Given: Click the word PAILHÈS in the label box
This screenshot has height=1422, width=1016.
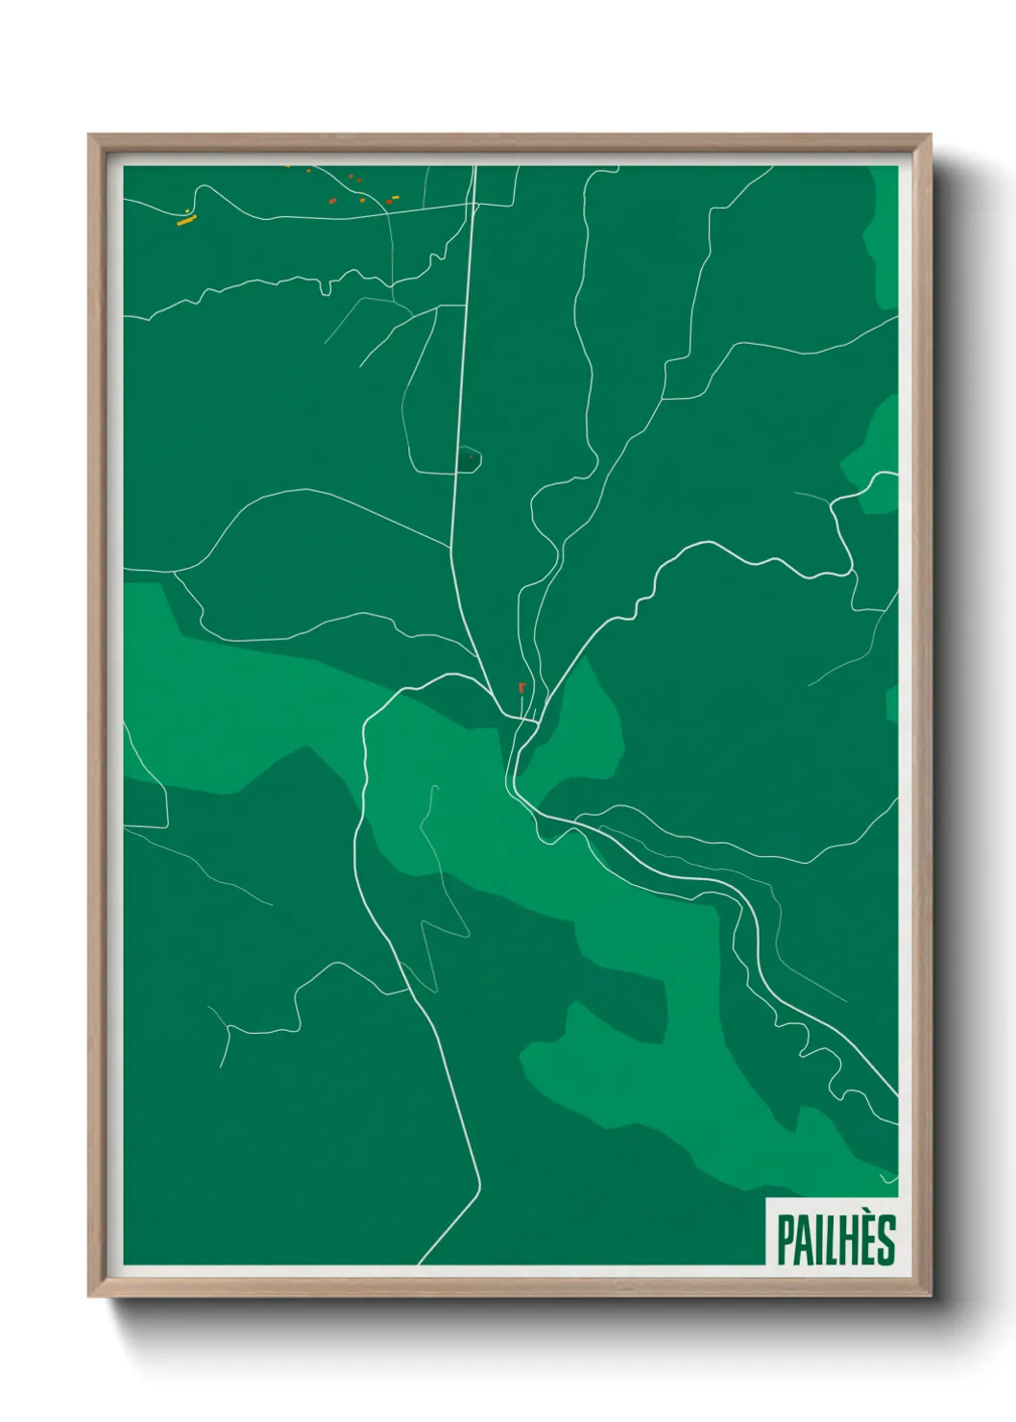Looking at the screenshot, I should click(x=835, y=1239).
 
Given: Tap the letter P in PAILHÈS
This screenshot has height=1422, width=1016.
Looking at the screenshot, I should click(x=786, y=1240).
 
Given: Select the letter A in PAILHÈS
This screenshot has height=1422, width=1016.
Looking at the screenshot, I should click(x=805, y=1240).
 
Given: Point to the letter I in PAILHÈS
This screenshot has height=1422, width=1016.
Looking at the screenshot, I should click(x=819, y=1240).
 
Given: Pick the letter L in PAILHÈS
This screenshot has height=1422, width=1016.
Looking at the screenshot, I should click(x=832, y=1240).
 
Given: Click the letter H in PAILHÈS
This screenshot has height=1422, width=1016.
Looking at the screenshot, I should click(x=850, y=1240).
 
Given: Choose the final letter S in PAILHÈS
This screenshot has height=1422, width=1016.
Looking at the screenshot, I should click(x=886, y=1240).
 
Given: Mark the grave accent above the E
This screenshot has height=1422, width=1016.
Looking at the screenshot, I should click(x=868, y=1217).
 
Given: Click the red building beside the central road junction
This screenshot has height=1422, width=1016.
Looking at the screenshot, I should click(x=521, y=688).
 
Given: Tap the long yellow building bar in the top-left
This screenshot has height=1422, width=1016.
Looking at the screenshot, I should click(x=186, y=221).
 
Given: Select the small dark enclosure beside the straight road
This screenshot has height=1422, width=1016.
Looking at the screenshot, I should click(x=468, y=459).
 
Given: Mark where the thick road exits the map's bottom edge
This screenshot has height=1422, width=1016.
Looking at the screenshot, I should click(x=420, y=1263).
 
